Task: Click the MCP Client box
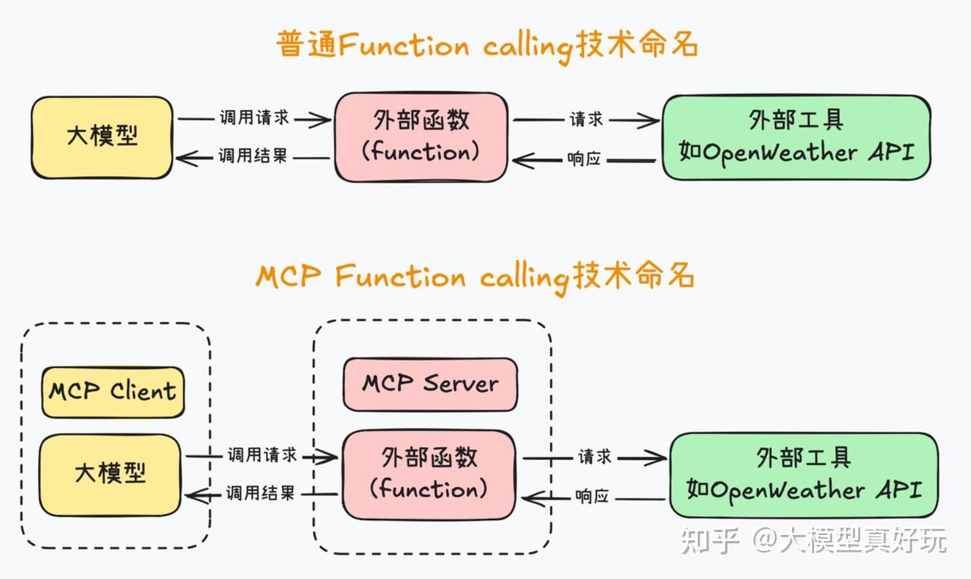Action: click(x=113, y=392)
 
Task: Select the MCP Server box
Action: click(x=430, y=384)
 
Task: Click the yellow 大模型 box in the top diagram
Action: click(x=102, y=138)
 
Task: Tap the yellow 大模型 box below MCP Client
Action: click(x=110, y=474)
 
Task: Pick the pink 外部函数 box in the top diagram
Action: click(x=421, y=137)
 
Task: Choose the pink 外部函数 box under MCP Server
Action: click(x=429, y=474)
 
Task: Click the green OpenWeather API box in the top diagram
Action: click(x=796, y=137)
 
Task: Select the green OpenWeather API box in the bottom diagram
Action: click(x=803, y=475)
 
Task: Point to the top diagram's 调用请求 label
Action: click(x=254, y=118)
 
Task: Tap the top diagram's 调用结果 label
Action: click(x=253, y=156)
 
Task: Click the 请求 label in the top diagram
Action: click(x=586, y=119)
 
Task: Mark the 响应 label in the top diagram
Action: click(x=584, y=159)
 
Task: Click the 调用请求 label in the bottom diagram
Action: click(x=262, y=455)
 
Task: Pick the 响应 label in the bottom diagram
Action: click(x=592, y=497)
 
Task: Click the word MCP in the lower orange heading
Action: click(x=288, y=277)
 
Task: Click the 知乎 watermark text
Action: click(x=710, y=540)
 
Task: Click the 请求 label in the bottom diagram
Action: click(x=595, y=457)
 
